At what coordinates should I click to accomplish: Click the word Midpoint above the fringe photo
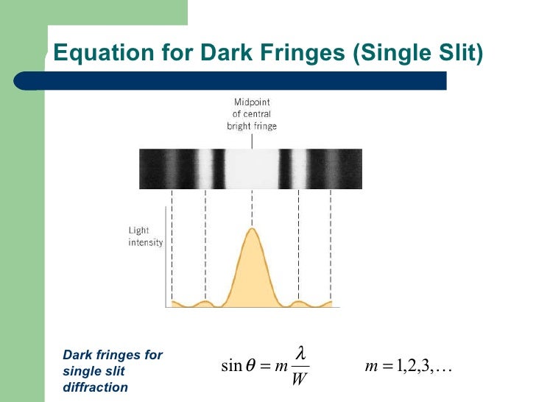(x=252, y=102)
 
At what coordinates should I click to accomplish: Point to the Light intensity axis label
(x=146, y=236)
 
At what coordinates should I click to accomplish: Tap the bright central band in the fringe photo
(x=252, y=168)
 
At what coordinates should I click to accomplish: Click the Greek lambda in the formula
(x=300, y=353)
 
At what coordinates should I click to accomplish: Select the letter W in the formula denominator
(x=300, y=379)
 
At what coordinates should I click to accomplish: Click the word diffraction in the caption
(x=95, y=387)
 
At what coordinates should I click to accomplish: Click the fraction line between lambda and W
(x=300, y=366)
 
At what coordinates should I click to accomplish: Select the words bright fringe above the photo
(x=252, y=126)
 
